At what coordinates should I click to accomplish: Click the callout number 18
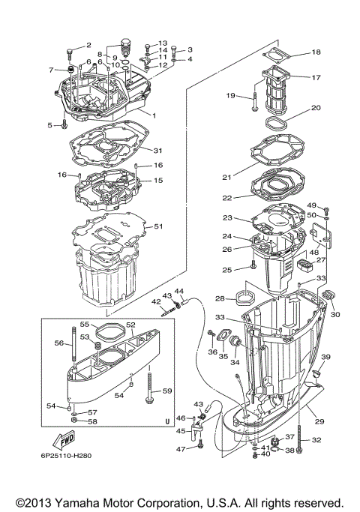[316, 52]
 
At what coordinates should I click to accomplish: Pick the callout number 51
[157, 226]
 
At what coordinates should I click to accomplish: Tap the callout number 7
[52, 70]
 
